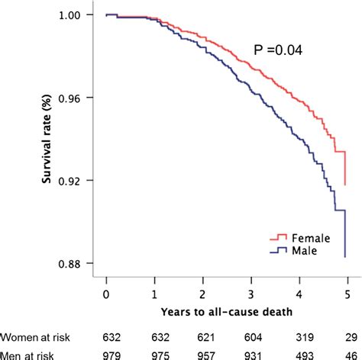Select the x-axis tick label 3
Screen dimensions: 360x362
tap(250, 292)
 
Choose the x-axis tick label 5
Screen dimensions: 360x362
tap(347, 292)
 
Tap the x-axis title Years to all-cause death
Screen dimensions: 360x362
tap(226, 312)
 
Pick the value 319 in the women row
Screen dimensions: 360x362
tap(300, 336)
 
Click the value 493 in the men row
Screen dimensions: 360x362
tap(300, 354)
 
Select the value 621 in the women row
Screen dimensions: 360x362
tap(202, 336)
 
